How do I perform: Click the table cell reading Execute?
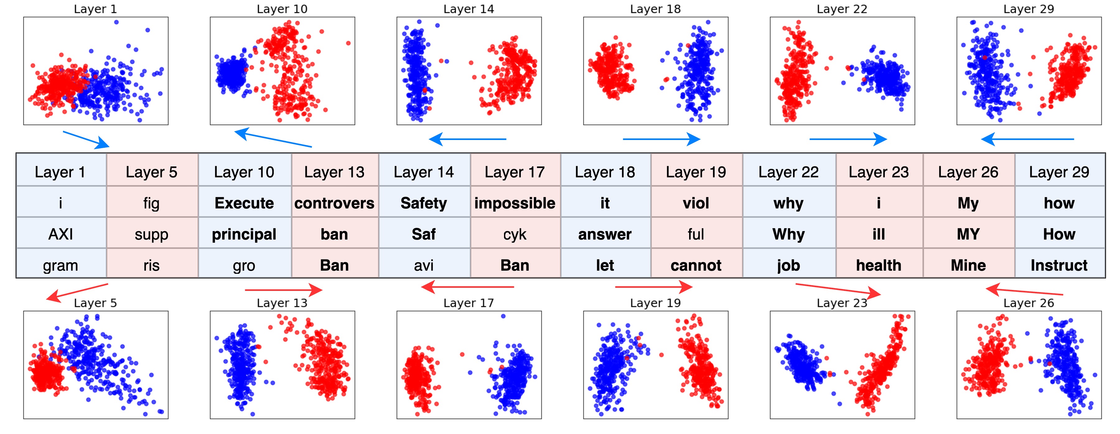click(x=244, y=203)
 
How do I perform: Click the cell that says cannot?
click(x=696, y=265)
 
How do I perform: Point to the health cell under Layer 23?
click(x=878, y=265)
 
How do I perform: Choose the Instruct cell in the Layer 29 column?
click(x=1059, y=265)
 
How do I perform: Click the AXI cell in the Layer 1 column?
click(x=60, y=234)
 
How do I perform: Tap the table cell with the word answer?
click(x=605, y=234)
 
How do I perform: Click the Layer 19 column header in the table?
click(x=696, y=172)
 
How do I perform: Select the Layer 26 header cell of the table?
click(x=968, y=172)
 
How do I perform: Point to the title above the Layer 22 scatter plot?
click(x=842, y=9)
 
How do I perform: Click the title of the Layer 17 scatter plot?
click(x=469, y=303)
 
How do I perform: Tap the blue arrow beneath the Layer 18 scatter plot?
click(x=661, y=139)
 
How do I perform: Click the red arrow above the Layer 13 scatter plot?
click(x=283, y=290)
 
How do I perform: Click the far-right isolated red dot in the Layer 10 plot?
click(x=348, y=43)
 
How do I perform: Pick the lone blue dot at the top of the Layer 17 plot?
click(x=503, y=316)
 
